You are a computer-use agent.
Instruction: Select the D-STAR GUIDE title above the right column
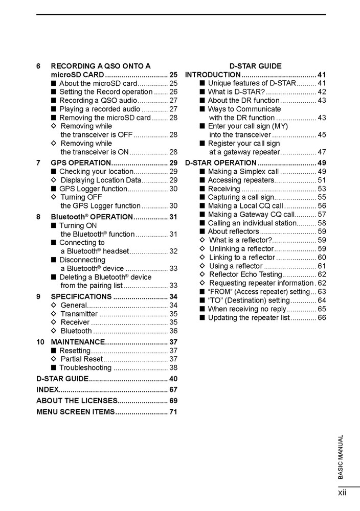point(255,66)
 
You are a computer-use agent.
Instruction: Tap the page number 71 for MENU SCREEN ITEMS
point(173,412)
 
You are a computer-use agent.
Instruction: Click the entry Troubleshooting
point(85,367)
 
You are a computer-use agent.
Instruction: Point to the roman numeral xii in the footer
point(342,493)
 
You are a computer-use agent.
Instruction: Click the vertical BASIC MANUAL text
point(341,457)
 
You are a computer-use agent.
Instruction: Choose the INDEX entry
point(48,389)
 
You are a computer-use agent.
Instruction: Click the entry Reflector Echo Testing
point(245,274)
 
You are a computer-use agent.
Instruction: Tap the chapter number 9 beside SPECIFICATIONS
point(39,296)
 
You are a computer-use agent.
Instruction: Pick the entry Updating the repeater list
point(249,317)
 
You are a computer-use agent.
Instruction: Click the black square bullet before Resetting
point(54,351)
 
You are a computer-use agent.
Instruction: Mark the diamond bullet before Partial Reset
point(54,359)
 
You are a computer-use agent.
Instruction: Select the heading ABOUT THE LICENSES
point(77,401)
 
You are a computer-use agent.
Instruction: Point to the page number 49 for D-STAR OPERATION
point(322,163)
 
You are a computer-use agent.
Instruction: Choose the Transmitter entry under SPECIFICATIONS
point(79,314)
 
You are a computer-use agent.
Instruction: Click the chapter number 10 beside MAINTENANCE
point(40,342)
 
